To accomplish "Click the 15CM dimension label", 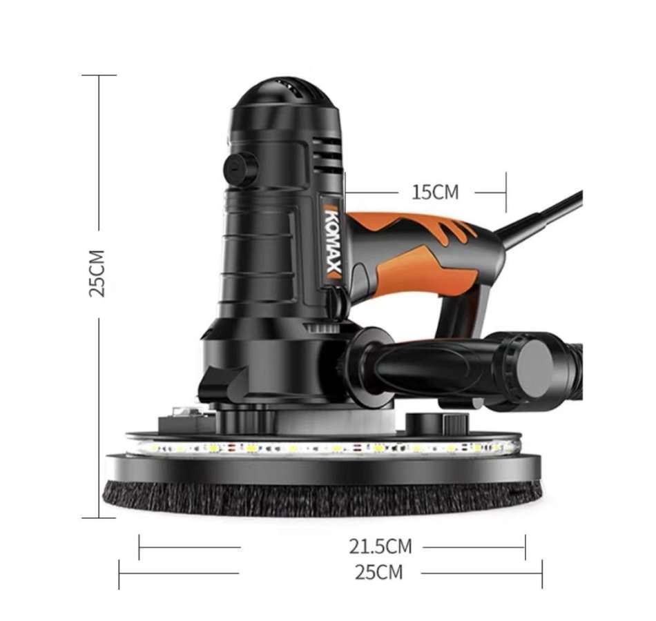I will click(435, 192).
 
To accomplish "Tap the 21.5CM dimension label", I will click(380, 547).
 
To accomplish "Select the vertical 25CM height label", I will click(98, 273).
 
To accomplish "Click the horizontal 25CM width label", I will click(378, 572).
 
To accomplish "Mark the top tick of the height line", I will click(99, 75).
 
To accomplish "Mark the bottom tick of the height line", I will click(99, 517).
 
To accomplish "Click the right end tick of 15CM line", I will click(506, 193).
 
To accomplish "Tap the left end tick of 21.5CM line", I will click(139, 547).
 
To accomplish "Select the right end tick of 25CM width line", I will click(542, 573).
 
